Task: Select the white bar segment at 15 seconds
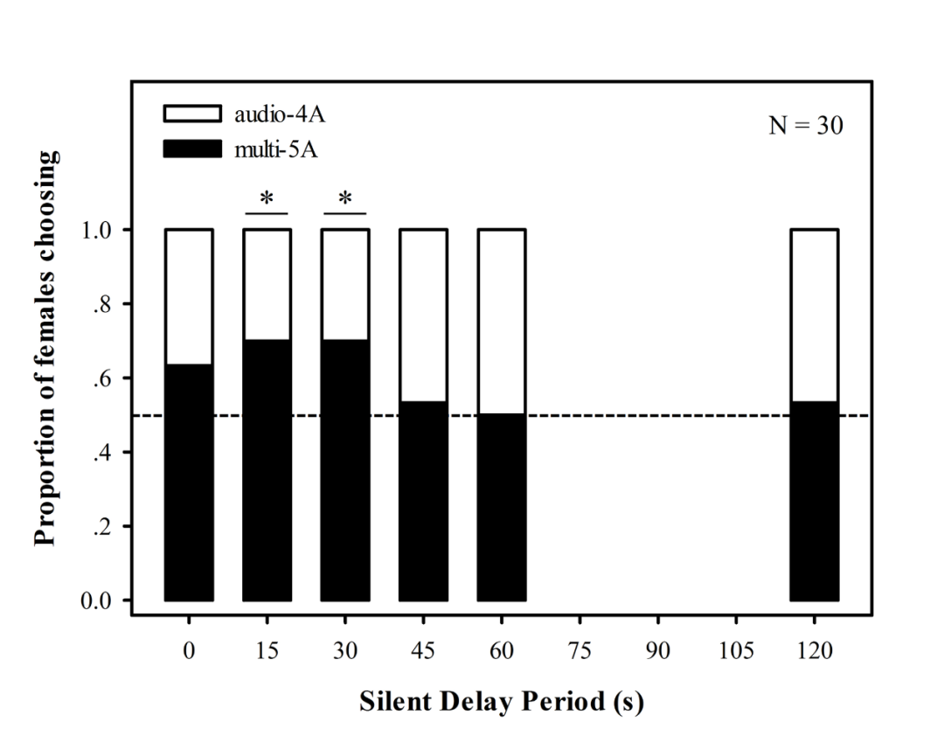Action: pyautogui.click(x=267, y=284)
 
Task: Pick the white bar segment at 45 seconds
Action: pyautogui.click(x=423, y=315)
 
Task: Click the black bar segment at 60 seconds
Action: pyautogui.click(x=502, y=507)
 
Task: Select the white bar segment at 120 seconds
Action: pyautogui.click(x=815, y=315)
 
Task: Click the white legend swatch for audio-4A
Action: pyautogui.click(x=191, y=114)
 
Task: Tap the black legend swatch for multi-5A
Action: pyautogui.click(x=191, y=149)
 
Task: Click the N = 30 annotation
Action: pyautogui.click(x=806, y=126)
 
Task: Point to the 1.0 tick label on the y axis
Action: pyautogui.click(x=101, y=230)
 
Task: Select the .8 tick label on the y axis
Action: pyautogui.click(x=108, y=304)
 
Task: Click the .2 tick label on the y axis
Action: pyautogui.click(x=108, y=527)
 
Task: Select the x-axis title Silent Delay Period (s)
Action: pyautogui.click(x=502, y=702)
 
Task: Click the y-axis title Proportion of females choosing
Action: pyautogui.click(x=48, y=347)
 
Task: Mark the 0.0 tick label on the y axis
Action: pyautogui.click(x=101, y=601)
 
